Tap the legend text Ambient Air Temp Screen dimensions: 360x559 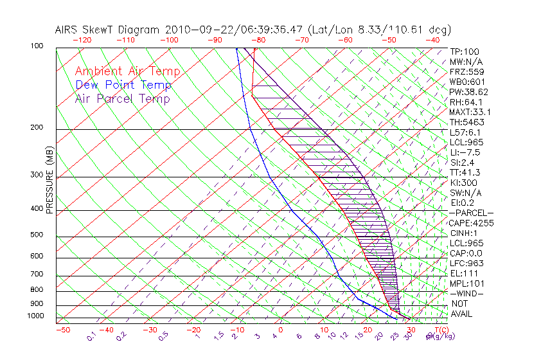127,71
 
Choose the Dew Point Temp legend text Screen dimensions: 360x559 123,85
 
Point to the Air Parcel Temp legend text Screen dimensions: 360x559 122,98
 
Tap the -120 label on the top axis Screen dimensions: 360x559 82,40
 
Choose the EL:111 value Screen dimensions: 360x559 463,273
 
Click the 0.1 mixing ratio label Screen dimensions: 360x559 91,336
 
